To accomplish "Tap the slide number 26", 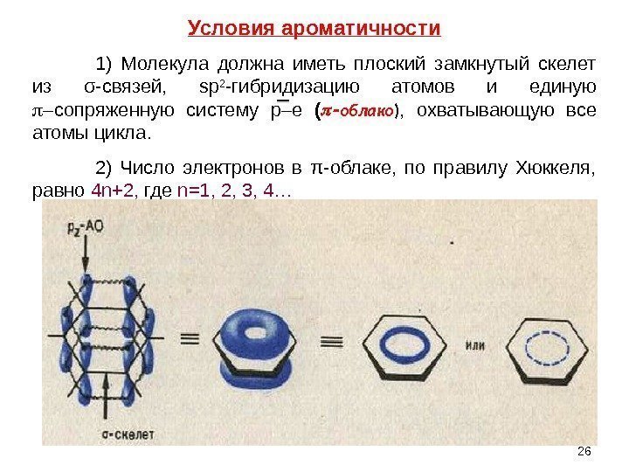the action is (584, 450).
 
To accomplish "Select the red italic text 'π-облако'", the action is (361, 111).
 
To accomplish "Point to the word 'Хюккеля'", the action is (563, 167).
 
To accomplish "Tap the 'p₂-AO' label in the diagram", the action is (86, 225).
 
